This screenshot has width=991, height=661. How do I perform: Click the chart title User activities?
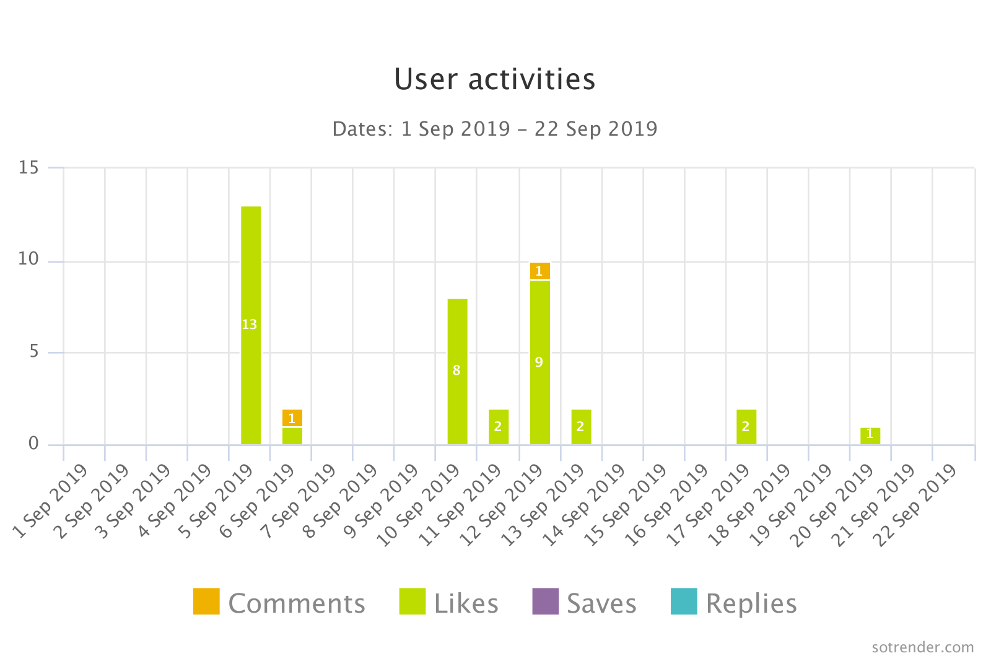pos(494,79)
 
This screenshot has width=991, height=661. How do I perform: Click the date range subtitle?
pos(494,129)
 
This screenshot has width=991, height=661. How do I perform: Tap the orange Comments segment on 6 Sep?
pos(292,418)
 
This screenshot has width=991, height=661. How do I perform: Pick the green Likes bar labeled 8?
pos(457,371)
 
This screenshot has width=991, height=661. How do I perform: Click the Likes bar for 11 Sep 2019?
pos(499,427)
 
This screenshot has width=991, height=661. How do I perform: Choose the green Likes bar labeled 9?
pos(539,362)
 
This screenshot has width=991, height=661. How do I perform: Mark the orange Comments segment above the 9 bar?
pos(539,271)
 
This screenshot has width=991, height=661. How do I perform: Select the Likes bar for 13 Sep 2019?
pos(581,427)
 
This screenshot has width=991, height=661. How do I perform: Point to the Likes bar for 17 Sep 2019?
pos(746,427)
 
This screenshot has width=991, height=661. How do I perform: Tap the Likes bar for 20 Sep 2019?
pos(870,436)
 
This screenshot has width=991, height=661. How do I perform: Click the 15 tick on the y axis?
pos(28,168)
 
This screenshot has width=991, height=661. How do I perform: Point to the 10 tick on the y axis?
pos(28,259)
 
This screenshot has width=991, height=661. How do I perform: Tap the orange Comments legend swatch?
pos(206,602)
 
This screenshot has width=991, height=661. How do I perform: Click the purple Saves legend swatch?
pos(545,602)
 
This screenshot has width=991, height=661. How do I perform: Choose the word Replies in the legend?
pos(751,604)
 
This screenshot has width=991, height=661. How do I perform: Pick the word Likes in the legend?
pos(466,604)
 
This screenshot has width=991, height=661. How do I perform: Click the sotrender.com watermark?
pos(922,647)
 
